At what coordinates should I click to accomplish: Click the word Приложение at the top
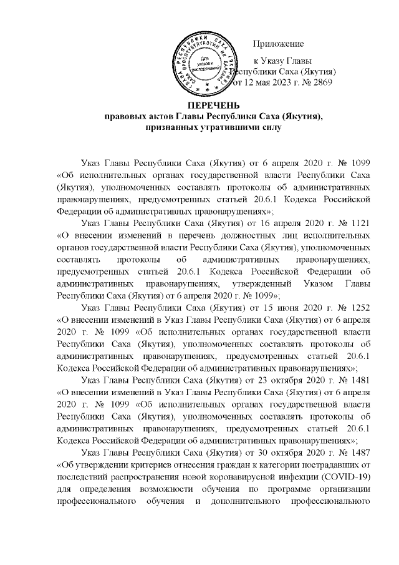tap(278, 44)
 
